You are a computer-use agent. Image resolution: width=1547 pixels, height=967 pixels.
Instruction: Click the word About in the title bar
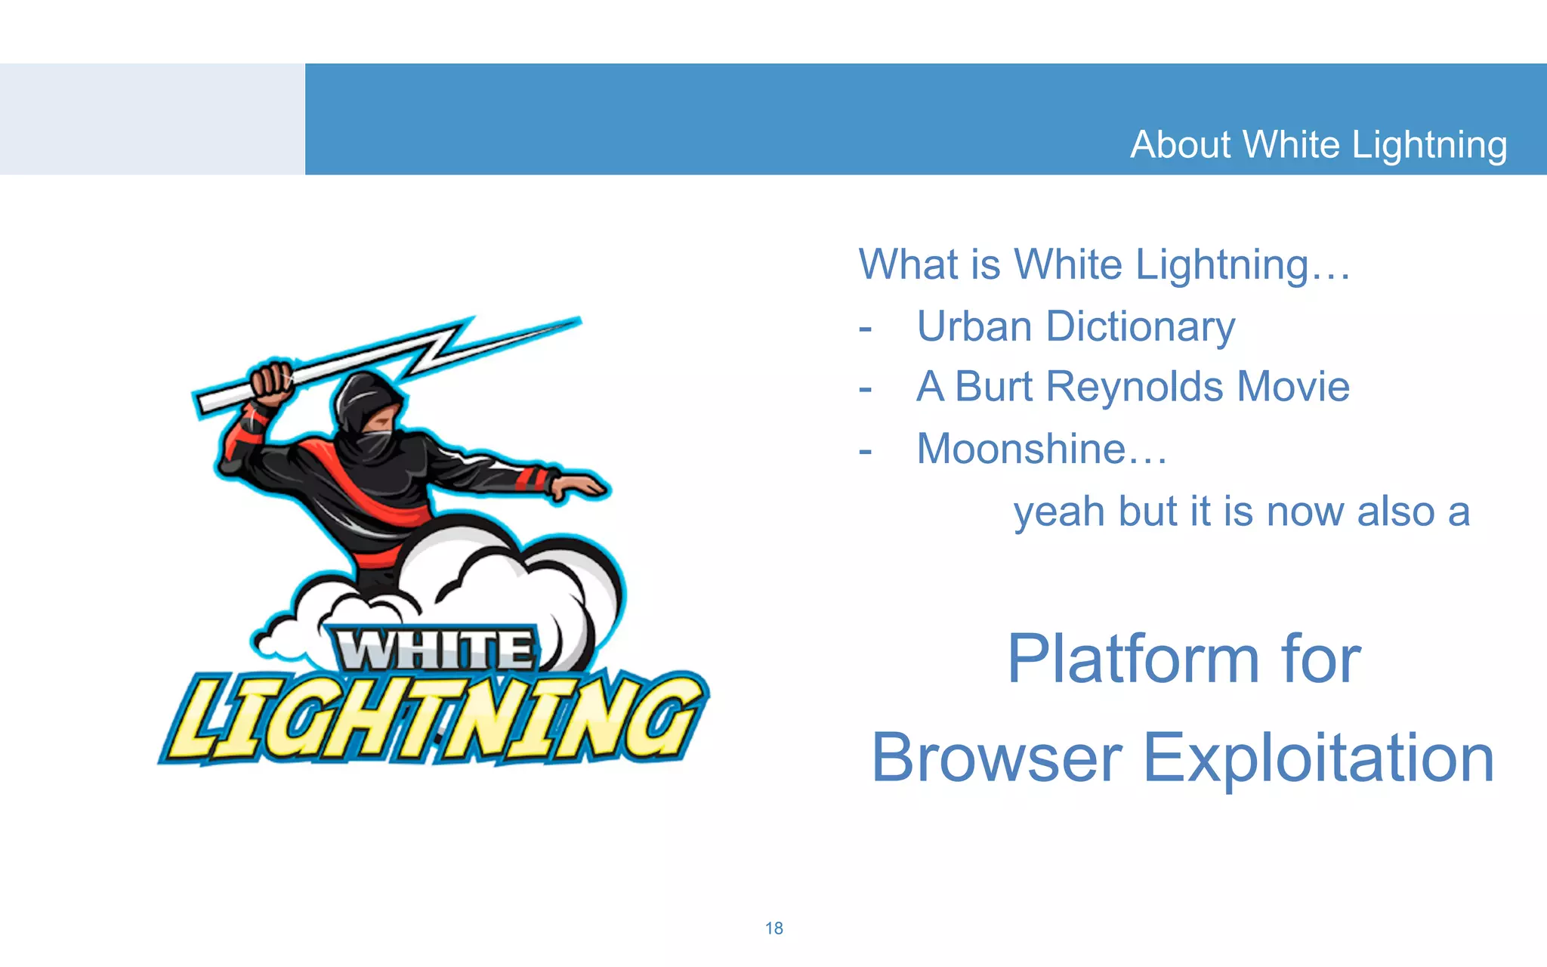[x=1181, y=144]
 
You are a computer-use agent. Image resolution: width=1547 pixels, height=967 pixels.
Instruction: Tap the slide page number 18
[x=773, y=928]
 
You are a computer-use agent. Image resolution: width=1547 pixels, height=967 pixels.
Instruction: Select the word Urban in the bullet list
[x=974, y=326]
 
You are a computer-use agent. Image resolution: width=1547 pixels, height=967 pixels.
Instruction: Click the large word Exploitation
[x=1318, y=758]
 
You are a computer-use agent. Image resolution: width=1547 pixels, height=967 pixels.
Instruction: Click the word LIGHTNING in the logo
[x=434, y=718]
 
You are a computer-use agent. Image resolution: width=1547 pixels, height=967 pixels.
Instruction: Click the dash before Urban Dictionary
[x=866, y=329]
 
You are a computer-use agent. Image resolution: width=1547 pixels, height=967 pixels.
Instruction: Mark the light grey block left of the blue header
[x=151, y=119]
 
